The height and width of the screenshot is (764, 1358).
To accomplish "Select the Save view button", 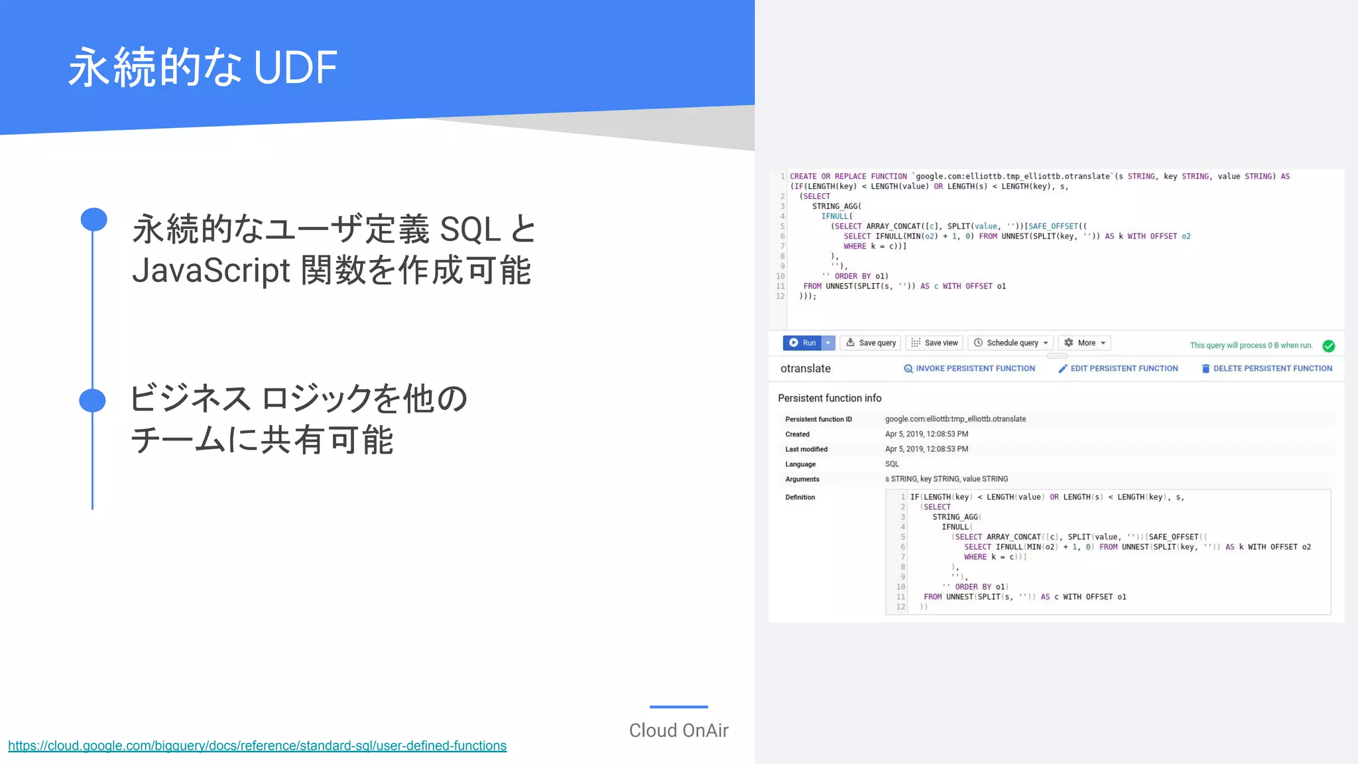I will pos(935,343).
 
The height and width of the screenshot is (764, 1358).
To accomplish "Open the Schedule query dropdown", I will pos(1011,343).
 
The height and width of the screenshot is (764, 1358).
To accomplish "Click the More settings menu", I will pos(1085,343).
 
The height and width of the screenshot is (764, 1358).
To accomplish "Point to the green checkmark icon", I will pos(1329,346).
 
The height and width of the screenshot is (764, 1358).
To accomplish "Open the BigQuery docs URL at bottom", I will pos(257,746).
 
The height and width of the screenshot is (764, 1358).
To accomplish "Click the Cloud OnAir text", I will pos(678,730).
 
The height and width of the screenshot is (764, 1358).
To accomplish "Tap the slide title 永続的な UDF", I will pos(203,68).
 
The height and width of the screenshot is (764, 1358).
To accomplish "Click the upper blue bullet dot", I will pos(93,220).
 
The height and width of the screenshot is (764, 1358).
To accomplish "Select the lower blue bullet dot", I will pos(92,401).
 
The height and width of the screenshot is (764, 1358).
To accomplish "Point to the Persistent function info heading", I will pos(830,398).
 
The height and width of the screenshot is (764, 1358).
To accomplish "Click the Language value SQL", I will pos(892,464).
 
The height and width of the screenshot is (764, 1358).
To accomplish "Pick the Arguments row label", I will pos(802,479).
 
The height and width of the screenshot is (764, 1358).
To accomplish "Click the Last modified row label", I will pos(806,450).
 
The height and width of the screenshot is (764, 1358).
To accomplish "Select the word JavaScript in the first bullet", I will pos(211,271).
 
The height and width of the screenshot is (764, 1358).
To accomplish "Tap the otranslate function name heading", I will pos(806,369).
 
